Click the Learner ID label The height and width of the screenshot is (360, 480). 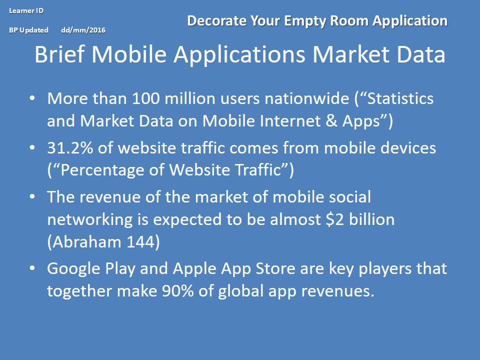point(26,10)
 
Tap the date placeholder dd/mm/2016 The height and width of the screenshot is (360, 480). point(83,30)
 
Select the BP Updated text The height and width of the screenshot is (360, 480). point(29,30)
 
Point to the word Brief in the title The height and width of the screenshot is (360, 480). point(59,54)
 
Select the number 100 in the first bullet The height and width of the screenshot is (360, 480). point(145,98)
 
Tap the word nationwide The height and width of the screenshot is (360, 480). point(306,98)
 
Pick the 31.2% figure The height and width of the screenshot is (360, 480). point(70,148)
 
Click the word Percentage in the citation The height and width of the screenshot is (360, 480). point(102,170)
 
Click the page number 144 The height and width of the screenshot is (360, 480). point(140,242)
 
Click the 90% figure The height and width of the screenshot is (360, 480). point(178,291)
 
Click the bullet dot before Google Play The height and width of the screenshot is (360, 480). point(32,268)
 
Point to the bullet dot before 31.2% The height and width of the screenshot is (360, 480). point(32,147)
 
